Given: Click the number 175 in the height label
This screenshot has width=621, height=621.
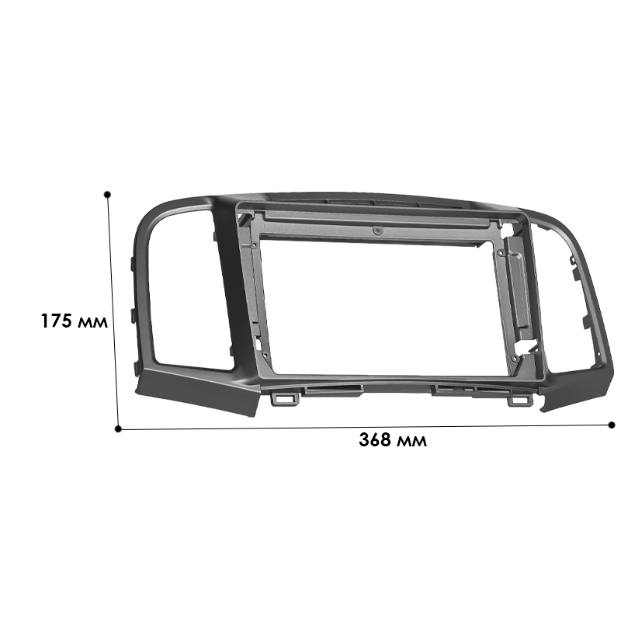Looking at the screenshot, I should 57,320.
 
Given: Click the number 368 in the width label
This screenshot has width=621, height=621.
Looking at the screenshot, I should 376,440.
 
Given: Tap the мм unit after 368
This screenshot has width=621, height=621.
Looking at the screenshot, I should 411,441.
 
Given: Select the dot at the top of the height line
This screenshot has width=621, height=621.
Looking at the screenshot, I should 107,194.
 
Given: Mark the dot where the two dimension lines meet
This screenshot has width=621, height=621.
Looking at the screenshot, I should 118,428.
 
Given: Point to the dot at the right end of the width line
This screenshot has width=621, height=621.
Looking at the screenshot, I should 612,425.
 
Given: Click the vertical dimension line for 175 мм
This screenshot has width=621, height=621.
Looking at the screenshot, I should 113,310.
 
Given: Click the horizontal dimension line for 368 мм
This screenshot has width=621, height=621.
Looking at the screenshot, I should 365,426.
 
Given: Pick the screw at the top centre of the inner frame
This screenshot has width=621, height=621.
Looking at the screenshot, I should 376,231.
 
